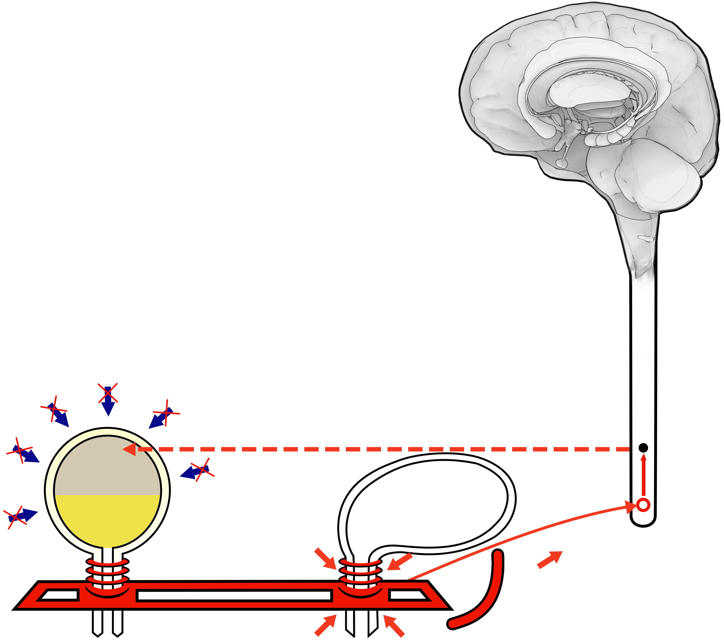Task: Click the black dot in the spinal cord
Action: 643,448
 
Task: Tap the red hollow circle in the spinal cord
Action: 643,505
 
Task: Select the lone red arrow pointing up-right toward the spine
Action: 550,559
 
